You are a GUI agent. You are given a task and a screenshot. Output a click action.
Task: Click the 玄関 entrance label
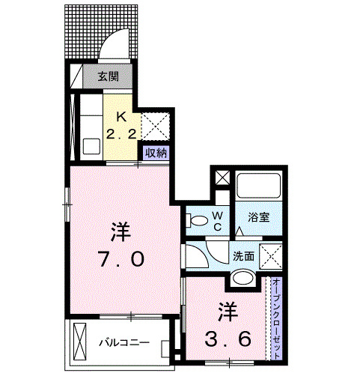coord(109,76)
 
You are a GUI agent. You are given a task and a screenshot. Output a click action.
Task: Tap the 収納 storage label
coord(156,153)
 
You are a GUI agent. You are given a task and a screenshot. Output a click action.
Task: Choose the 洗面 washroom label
coord(242,255)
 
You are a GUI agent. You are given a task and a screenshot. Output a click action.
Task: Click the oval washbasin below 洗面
coord(244,279)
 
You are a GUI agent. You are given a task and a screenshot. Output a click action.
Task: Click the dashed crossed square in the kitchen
coord(158,124)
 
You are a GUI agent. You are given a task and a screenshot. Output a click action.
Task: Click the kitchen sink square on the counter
coord(92,146)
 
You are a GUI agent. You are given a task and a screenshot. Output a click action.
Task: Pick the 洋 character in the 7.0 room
coord(120,231)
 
